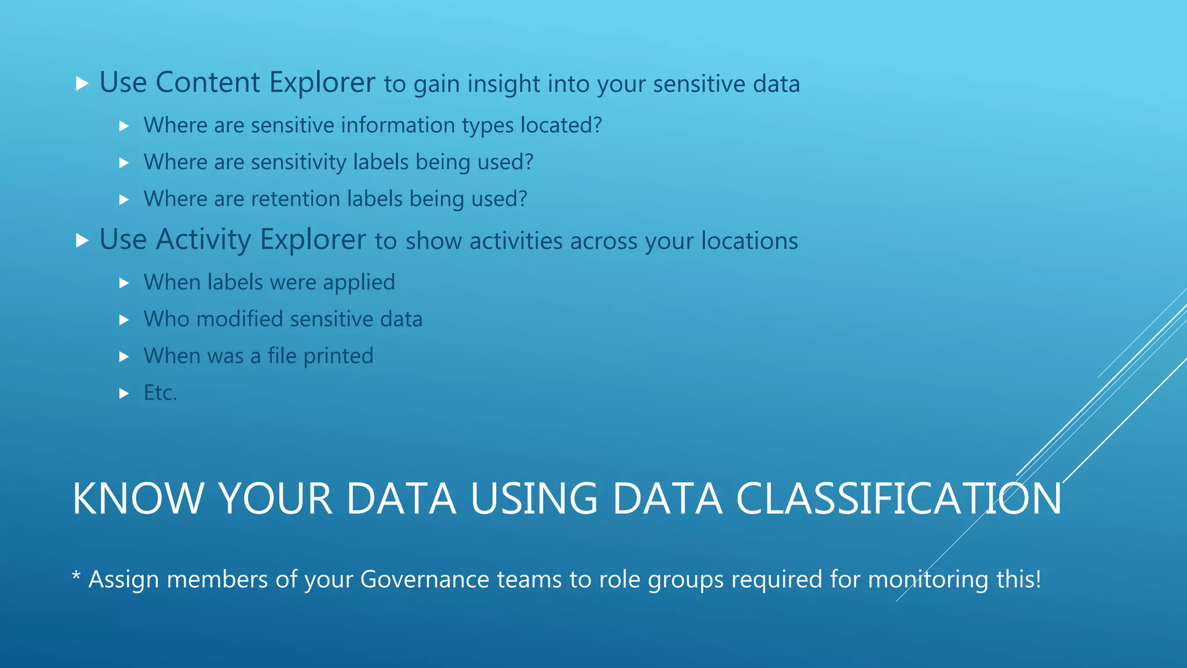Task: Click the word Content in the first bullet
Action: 206,82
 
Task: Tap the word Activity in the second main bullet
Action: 203,239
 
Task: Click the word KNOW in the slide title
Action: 137,499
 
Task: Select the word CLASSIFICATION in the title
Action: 899,499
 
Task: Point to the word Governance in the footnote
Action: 425,579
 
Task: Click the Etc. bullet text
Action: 160,393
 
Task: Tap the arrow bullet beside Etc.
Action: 123,394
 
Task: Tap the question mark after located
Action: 598,125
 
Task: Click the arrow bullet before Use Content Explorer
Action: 82,83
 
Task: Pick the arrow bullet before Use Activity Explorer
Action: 82,241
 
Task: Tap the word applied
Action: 359,282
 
